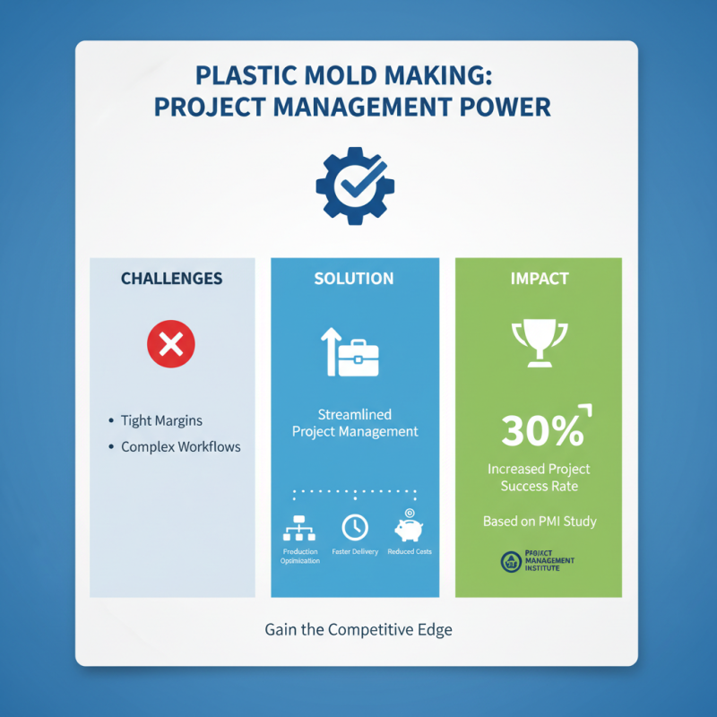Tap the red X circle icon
click(x=170, y=344)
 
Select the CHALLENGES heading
click(x=171, y=279)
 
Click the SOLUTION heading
click(x=354, y=279)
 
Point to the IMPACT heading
click(x=540, y=279)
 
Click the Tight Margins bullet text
click(x=161, y=420)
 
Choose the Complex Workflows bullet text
click(x=180, y=446)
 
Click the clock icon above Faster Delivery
click(x=354, y=527)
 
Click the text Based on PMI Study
click(x=540, y=521)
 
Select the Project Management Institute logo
click(x=539, y=562)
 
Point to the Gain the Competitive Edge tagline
click(x=358, y=629)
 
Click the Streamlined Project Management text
click(x=355, y=423)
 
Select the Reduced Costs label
click(x=410, y=552)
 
